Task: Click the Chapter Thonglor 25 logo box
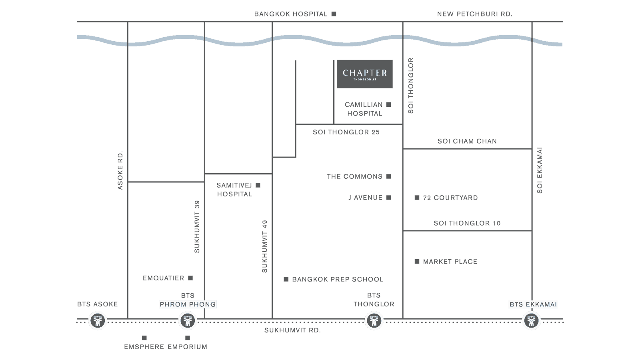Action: pos(364,74)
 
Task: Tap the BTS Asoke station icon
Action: pos(98,320)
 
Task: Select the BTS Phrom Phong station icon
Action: pos(188,320)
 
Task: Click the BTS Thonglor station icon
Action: pos(374,320)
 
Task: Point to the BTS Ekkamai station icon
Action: pos(532,320)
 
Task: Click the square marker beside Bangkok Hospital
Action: pos(334,14)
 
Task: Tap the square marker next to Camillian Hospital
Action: pos(388,104)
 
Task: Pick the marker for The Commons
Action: pos(388,176)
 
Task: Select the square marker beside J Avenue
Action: pos(388,198)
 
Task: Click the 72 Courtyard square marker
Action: pos(417,198)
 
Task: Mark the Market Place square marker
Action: pos(417,262)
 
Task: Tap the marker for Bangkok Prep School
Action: pos(286,279)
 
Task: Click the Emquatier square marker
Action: pos(190,278)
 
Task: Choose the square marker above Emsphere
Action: pos(144,338)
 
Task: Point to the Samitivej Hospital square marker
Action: pos(258,185)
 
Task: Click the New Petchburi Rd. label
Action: pos(475,14)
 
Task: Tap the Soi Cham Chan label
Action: pos(467,141)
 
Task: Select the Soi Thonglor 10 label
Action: pos(467,223)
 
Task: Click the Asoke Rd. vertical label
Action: pos(120,170)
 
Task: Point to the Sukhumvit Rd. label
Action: pos(292,330)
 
